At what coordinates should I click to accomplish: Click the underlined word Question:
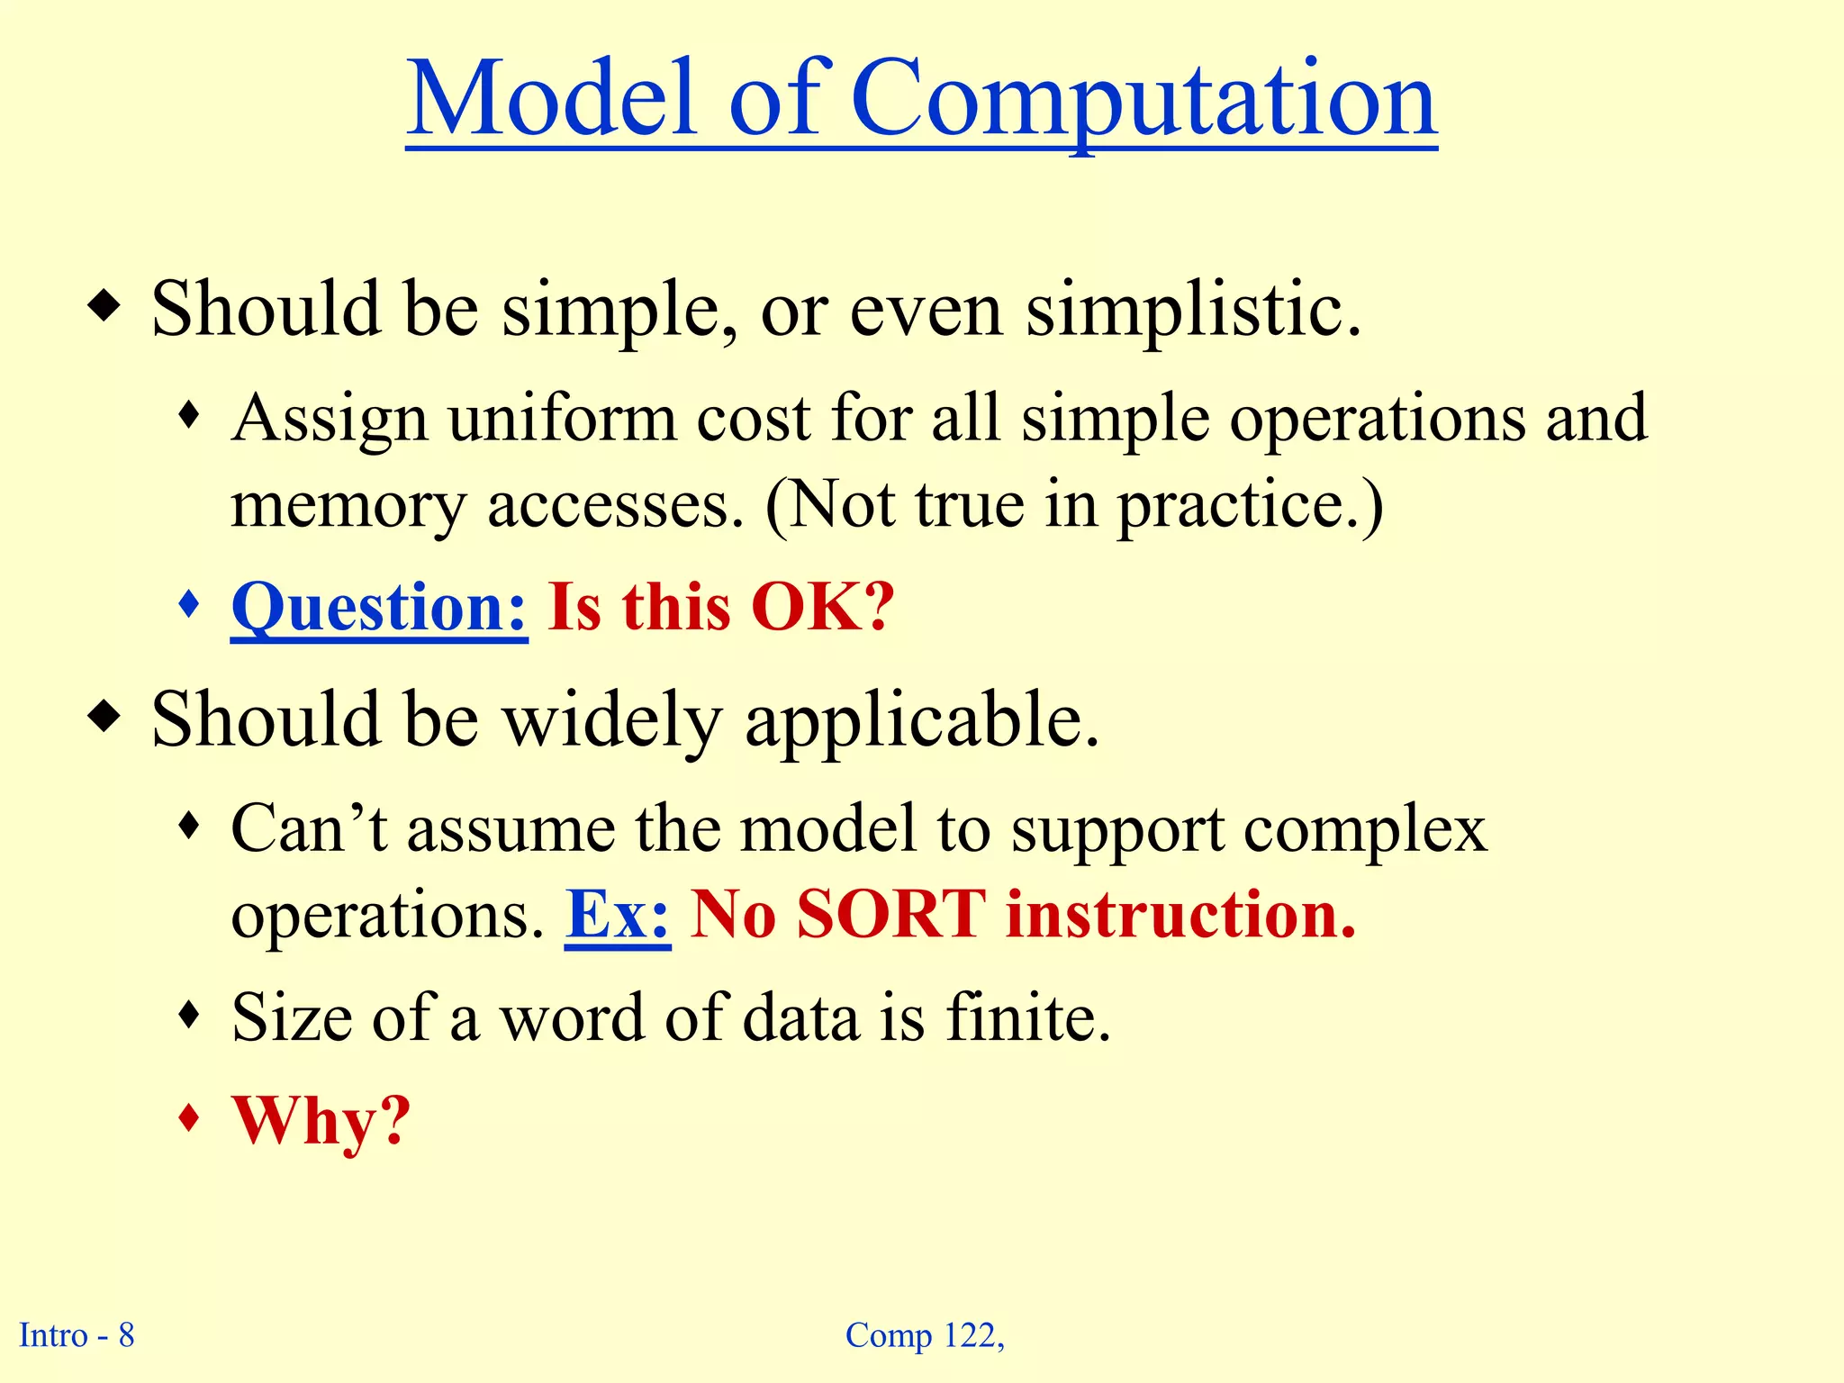[x=379, y=608]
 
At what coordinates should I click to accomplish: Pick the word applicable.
[x=923, y=722]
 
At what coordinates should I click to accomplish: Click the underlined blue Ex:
[x=618, y=916]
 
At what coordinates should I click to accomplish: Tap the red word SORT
[x=891, y=916]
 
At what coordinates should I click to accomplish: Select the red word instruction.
[x=1180, y=916]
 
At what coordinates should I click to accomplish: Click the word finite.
[x=1027, y=1017]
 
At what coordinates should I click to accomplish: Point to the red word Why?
[x=321, y=1122]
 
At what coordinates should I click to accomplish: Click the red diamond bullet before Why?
[x=188, y=1118]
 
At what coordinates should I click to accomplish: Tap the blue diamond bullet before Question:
[x=188, y=603]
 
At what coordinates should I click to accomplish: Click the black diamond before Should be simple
[x=104, y=307]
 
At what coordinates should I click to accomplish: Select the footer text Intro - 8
[x=77, y=1335]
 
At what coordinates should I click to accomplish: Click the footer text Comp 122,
[x=925, y=1336]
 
